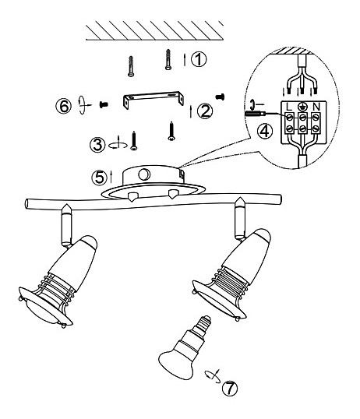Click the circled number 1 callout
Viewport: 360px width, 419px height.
tap(199, 60)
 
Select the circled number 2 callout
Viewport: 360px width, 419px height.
tap(205, 111)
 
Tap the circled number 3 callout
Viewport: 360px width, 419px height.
tap(97, 145)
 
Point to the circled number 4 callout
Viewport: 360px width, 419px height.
tap(265, 132)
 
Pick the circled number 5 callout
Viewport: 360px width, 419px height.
tap(100, 178)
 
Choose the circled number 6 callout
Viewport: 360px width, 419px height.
tap(64, 107)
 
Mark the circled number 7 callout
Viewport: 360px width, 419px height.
tap(230, 388)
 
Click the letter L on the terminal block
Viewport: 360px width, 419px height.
tap(289, 107)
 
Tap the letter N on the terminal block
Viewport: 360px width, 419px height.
tap(316, 107)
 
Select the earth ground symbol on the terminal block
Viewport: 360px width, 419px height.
tap(302, 107)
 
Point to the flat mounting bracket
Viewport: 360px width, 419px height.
tap(154, 100)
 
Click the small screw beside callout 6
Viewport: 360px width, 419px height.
tap(104, 104)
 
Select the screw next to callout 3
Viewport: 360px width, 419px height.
tap(134, 140)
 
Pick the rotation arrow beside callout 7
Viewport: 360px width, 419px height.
tap(214, 376)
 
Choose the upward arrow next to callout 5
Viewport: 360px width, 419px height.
tap(111, 178)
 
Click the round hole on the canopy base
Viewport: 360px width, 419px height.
tap(144, 174)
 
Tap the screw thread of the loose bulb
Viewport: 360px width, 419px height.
tap(202, 324)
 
